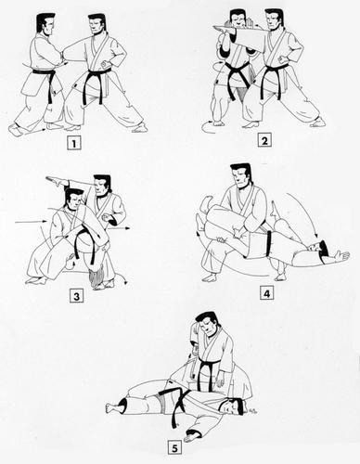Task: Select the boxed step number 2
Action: (x=265, y=142)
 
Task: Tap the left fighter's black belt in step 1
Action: (x=44, y=74)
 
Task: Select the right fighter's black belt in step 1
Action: (x=96, y=77)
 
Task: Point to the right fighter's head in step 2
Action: (x=273, y=19)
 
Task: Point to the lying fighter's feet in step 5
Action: (x=116, y=406)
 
